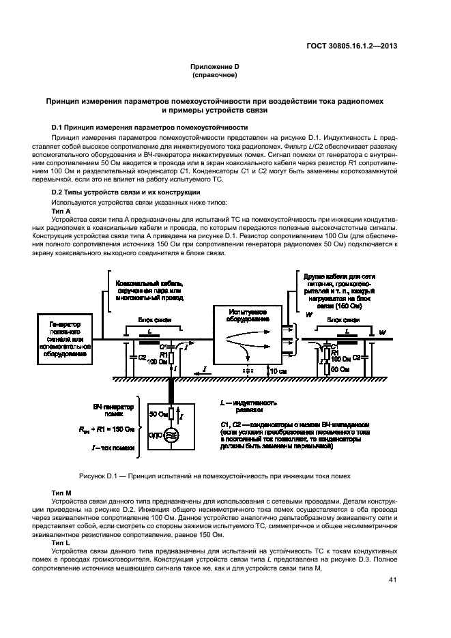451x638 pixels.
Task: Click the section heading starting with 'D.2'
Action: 113,192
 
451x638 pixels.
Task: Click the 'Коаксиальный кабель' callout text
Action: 142,289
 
